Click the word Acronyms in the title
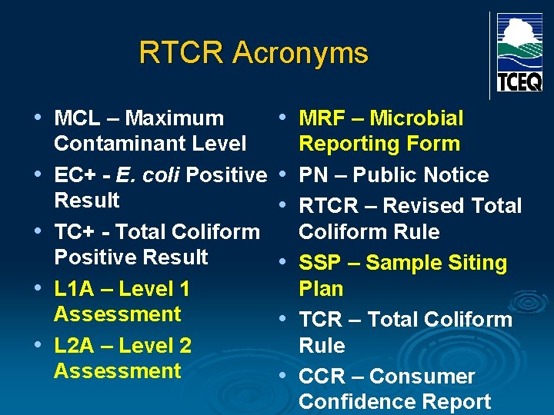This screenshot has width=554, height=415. (x=300, y=53)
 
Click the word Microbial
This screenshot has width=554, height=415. (x=416, y=118)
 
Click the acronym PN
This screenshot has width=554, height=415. (x=313, y=175)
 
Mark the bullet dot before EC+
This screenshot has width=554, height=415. (x=38, y=175)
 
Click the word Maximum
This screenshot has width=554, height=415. (x=174, y=118)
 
